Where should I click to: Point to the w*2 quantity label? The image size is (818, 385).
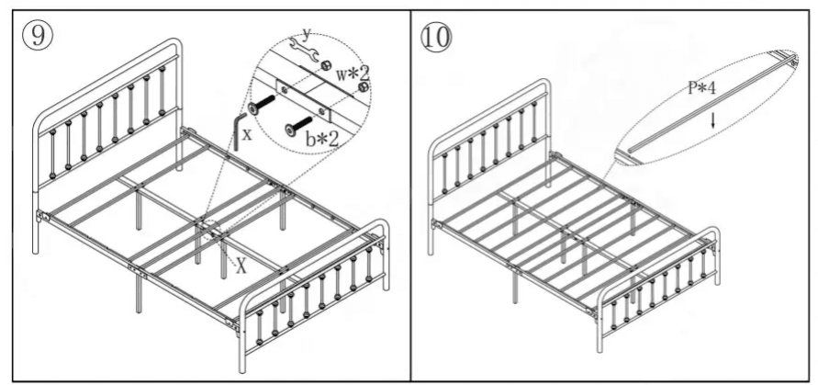[352, 70]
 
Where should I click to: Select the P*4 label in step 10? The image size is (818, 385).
[703, 89]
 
